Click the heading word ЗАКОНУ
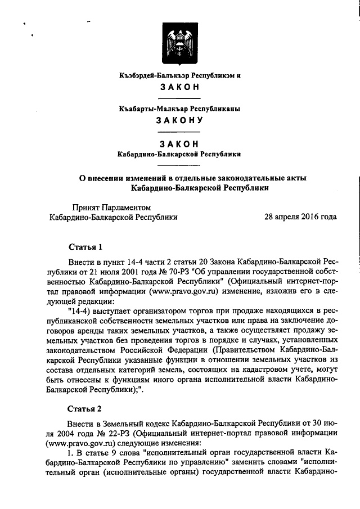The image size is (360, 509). point(180,119)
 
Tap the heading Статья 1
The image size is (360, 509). point(85,247)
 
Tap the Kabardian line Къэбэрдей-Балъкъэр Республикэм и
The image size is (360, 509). point(180,75)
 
